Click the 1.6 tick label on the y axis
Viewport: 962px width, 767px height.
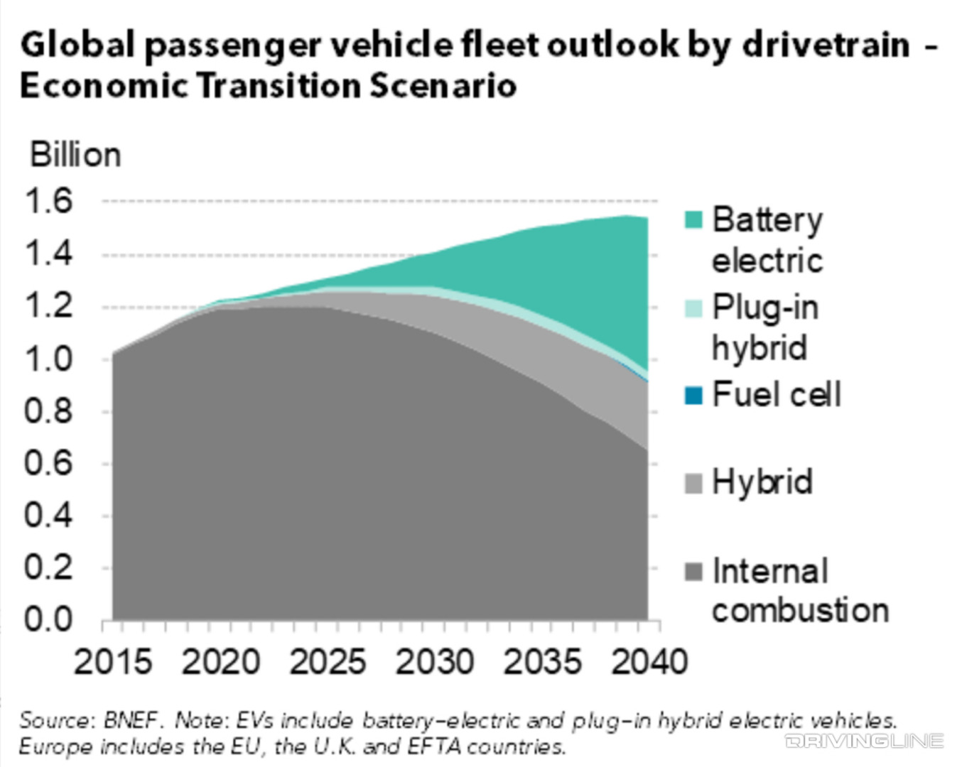coord(48,201)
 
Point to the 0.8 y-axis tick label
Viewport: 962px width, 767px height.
coord(48,411)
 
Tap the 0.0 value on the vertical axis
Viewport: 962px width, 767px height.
coord(48,620)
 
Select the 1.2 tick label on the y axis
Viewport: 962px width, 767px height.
coord(48,306)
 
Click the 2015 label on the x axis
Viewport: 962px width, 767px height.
coord(113,662)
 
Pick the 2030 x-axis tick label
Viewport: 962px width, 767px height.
coord(435,662)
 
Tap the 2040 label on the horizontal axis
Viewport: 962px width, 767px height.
coord(649,662)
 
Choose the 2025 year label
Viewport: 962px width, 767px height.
coord(328,662)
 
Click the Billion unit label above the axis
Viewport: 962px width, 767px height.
coord(75,155)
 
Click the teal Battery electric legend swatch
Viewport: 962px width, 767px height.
coord(693,220)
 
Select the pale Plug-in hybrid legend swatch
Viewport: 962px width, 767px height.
coord(693,308)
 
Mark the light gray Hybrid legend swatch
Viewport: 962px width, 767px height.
coord(693,484)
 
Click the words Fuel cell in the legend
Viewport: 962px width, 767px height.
coord(777,395)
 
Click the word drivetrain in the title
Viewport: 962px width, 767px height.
coord(826,45)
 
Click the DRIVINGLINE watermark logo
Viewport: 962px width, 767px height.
coord(865,741)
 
